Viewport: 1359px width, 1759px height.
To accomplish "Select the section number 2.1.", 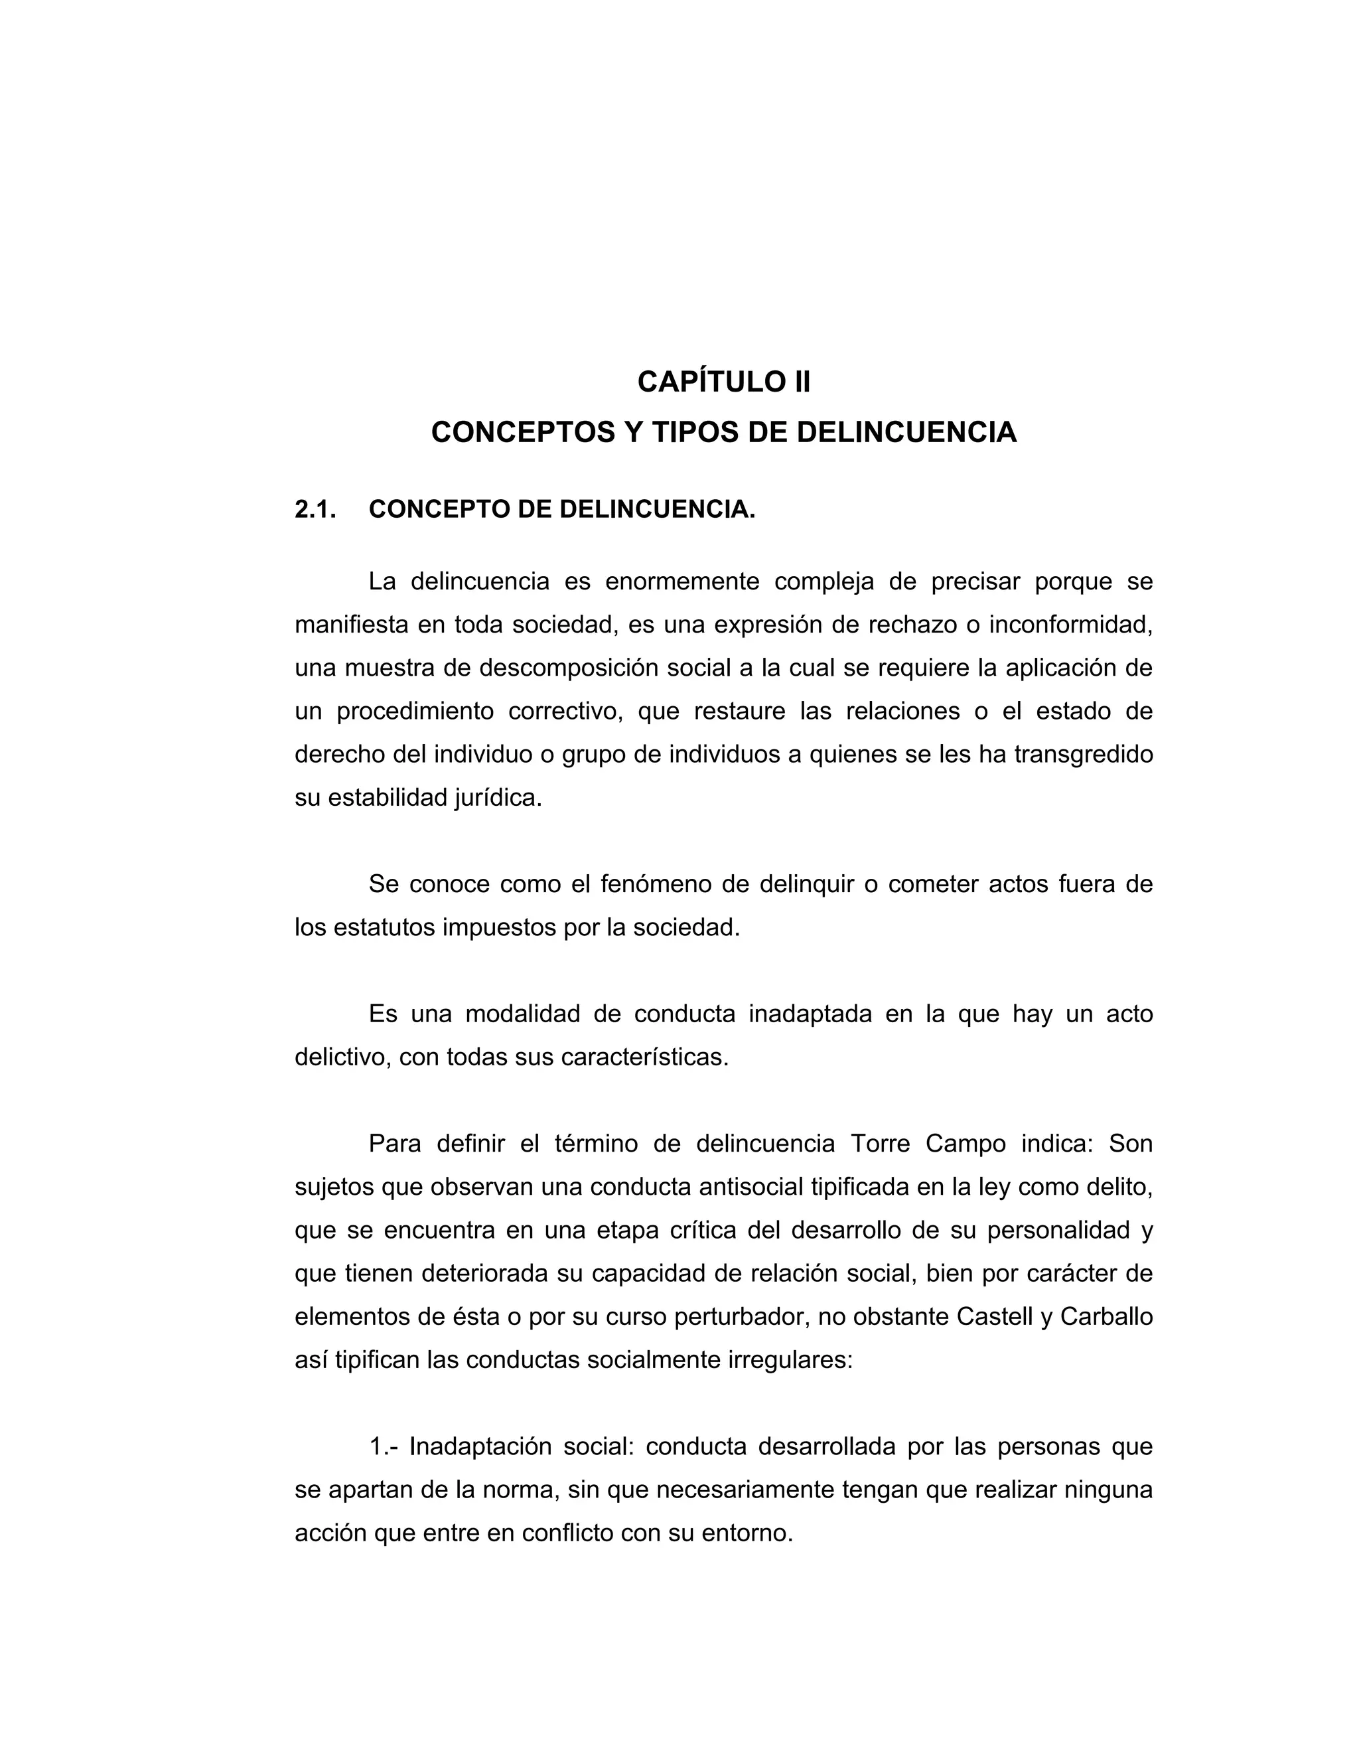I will click(x=315, y=509).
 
